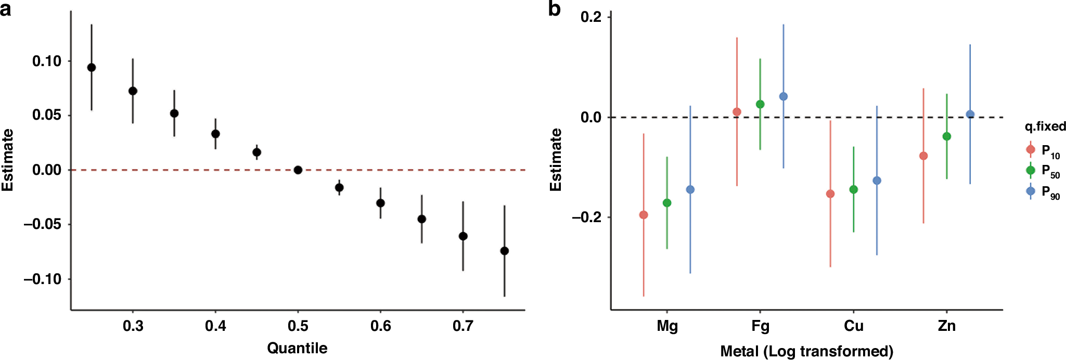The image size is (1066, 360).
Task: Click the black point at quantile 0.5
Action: click(298, 170)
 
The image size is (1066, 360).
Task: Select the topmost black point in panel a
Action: click(92, 67)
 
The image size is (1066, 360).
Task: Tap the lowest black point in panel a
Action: click(504, 251)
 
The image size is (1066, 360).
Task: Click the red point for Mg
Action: click(644, 215)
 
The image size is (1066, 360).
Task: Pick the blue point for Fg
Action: click(784, 96)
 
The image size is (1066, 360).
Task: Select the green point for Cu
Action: click(854, 189)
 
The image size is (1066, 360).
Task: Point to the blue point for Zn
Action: click(970, 114)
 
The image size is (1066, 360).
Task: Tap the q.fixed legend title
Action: click(1045, 126)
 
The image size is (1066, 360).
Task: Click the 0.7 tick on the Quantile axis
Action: click(463, 326)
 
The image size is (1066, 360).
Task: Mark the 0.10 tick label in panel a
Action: click(46, 61)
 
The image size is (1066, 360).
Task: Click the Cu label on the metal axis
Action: click(854, 326)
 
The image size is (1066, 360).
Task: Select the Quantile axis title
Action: click(297, 348)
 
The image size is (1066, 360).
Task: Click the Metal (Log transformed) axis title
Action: click(806, 351)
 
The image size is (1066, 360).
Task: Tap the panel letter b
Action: click(555, 9)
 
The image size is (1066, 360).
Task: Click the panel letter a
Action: click(6, 9)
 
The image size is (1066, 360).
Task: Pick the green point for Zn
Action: click(947, 136)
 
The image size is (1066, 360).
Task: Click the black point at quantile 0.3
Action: click(133, 91)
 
